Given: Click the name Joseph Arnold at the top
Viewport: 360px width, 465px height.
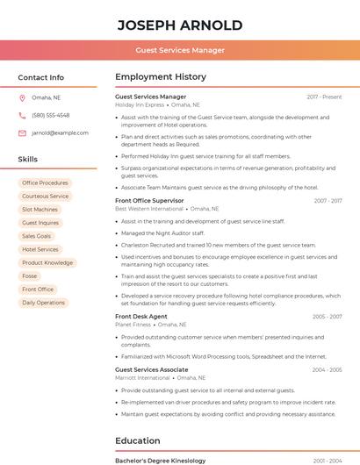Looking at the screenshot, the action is pos(179,24).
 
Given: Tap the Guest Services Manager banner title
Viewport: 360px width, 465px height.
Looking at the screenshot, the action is pos(179,50).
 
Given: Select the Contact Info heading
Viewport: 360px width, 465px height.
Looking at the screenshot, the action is pos(40,77).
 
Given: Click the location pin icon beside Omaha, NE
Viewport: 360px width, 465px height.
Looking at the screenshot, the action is pos(22,97).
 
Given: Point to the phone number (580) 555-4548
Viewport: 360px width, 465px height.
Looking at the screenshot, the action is pos(50,115).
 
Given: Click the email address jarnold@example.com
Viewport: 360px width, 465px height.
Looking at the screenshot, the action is pos(60,132).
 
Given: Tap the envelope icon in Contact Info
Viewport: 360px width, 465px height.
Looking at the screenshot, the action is pos(22,132).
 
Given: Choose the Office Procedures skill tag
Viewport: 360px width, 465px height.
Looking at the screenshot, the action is pos(45,183).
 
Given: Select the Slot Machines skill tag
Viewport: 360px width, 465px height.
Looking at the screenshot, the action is pos(40,210).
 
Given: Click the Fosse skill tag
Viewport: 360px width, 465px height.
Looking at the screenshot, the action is pos(30,275).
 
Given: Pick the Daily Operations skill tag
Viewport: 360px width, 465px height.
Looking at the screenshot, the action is pos(43,303).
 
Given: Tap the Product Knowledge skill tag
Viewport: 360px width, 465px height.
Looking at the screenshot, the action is pos(47,262).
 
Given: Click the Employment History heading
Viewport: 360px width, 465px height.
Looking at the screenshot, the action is pos(160,77).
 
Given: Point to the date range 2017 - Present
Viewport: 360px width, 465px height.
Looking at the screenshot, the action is pos(324,97).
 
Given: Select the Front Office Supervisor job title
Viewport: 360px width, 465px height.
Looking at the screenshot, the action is pos(149,201).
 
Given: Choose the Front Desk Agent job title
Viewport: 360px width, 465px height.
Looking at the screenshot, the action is pos(140,316).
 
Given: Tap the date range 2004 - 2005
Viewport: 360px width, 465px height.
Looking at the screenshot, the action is pos(326,370).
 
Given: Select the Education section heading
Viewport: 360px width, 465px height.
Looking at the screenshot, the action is pos(137,440).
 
